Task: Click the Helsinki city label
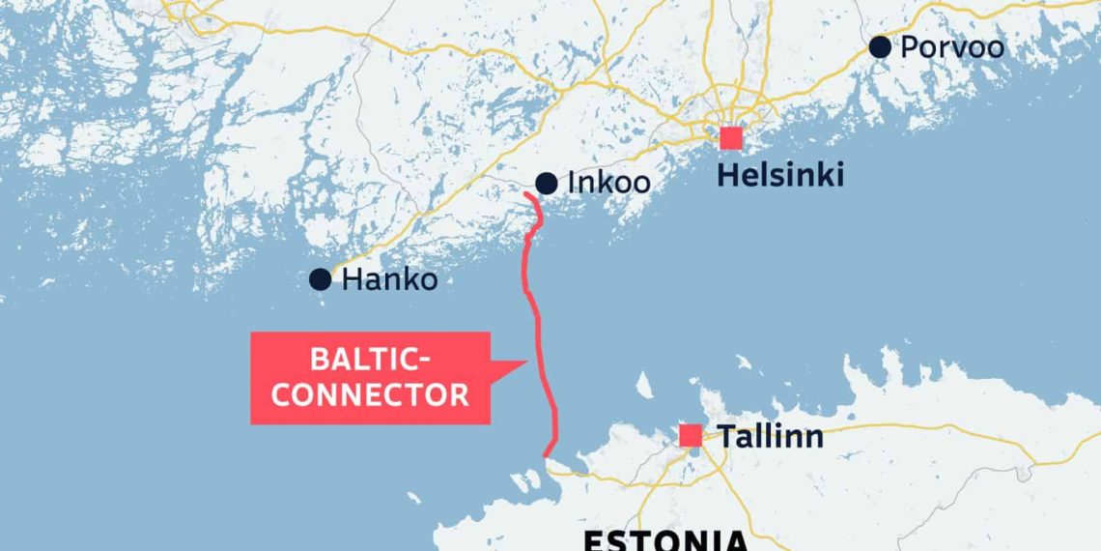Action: click(781, 175)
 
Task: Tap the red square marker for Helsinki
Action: click(731, 138)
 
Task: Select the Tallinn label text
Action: click(770, 436)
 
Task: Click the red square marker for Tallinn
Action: click(691, 436)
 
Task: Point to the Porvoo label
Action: click(951, 47)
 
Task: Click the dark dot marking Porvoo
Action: click(879, 46)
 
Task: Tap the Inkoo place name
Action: click(608, 183)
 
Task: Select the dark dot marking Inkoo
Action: click(546, 183)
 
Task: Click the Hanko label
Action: click(390, 280)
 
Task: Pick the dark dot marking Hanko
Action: click(320, 280)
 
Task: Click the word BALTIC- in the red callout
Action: click(370, 361)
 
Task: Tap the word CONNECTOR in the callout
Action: click(370, 394)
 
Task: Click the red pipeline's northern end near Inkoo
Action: click(525, 195)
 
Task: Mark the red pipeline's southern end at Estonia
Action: click(546, 455)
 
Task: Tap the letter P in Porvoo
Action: click(909, 47)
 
